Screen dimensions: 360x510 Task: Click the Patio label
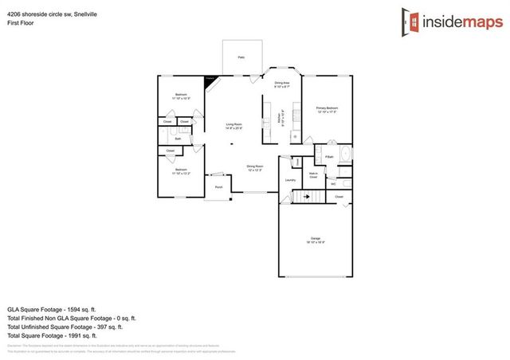tap(241, 57)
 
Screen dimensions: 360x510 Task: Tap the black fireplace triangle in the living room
tap(210, 80)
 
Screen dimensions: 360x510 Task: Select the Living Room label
tap(233, 124)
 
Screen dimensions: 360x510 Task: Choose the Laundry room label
tap(291, 180)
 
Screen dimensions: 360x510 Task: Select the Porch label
tap(218, 187)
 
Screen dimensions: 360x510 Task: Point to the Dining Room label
tap(255, 166)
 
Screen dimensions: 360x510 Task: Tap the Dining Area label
tap(281, 84)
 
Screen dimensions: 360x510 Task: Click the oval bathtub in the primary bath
tap(344, 155)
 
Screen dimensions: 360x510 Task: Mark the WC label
tap(333, 184)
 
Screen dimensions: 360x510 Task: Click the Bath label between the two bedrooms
tap(178, 139)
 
